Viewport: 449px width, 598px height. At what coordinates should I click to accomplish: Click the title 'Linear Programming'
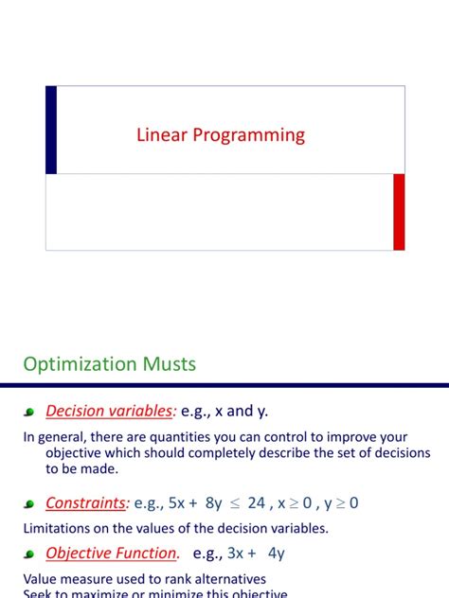pyautogui.click(x=220, y=135)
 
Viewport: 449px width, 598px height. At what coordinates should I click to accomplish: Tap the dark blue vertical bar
pyautogui.click(x=51, y=130)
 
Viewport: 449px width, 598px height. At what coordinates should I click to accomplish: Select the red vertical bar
pyautogui.click(x=399, y=212)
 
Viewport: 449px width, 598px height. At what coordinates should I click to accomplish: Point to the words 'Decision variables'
pyautogui.click(x=110, y=411)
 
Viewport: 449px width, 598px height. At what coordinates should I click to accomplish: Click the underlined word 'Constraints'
pyautogui.click(x=86, y=503)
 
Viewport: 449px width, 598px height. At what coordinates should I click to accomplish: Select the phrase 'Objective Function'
pyautogui.click(x=111, y=553)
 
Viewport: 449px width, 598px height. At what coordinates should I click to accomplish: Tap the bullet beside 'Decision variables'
pyautogui.click(x=29, y=413)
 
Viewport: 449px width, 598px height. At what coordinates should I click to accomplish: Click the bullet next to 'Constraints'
pyautogui.click(x=29, y=505)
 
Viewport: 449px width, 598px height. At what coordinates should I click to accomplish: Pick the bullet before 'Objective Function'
pyautogui.click(x=29, y=554)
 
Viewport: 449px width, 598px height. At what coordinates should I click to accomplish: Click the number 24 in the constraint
pyautogui.click(x=256, y=503)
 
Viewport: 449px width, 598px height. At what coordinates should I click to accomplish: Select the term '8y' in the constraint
pyautogui.click(x=214, y=503)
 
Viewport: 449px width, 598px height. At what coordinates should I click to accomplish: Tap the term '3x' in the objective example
pyautogui.click(x=237, y=553)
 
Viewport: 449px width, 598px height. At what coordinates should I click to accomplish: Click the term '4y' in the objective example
pyautogui.click(x=276, y=553)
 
